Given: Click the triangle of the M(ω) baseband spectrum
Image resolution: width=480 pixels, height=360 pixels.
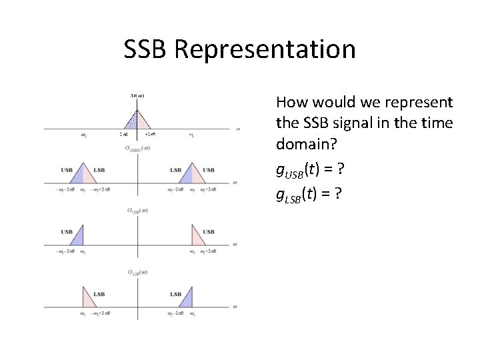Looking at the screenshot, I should coord(137,118).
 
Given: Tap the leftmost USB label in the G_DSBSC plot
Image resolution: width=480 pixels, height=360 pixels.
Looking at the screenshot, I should coord(67,170).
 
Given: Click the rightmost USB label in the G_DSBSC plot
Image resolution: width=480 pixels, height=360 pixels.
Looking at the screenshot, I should coord(209,170).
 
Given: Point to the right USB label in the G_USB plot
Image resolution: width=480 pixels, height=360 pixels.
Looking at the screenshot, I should coord(209,231).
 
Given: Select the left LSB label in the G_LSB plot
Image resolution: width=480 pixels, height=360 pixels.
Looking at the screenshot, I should coord(99,293).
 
